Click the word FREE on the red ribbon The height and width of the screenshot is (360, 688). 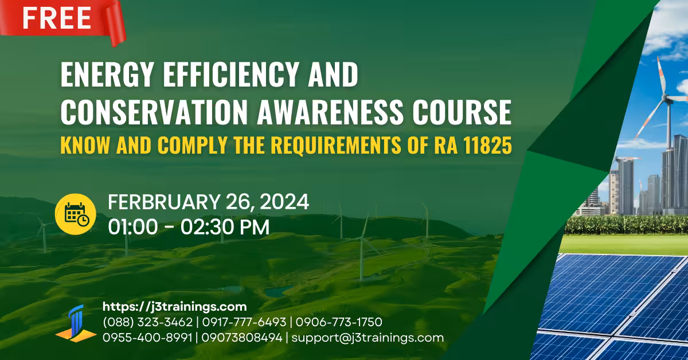point(57,18)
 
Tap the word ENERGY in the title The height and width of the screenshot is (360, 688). point(107,74)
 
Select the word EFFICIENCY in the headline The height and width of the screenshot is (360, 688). point(230,74)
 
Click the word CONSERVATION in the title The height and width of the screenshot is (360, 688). point(154,112)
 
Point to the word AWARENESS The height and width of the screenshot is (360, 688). point(330,112)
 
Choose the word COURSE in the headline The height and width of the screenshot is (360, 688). point(462,112)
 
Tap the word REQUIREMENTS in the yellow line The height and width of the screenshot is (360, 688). point(336,145)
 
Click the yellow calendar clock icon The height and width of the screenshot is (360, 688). point(76,214)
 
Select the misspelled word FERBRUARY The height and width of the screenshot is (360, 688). point(164,202)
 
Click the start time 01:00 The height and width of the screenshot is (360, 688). point(133,227)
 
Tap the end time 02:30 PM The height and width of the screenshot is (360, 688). point(225,227)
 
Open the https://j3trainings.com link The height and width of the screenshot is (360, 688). point(175,307)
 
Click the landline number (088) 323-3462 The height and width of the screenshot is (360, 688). point(148,322)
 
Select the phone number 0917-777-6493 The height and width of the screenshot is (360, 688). point(244,322)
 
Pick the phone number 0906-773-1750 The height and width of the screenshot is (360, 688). point(339,322)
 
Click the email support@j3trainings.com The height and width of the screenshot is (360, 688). point(368,338)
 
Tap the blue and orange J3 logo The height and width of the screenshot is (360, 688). point(76,324)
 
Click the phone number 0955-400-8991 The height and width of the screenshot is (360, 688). point(147,338)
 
